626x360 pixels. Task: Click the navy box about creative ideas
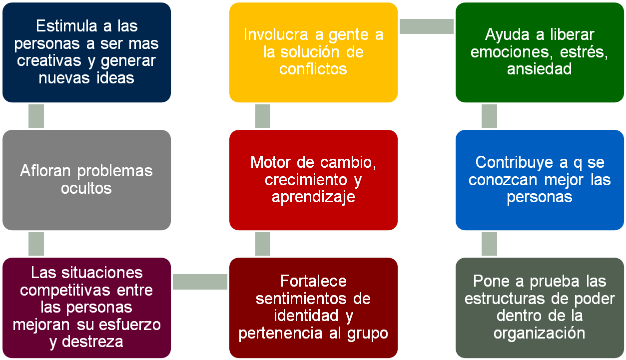pyautogui.click(x=86, y=52)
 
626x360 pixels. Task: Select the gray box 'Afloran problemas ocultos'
pyautogui.click(x=86, y=180)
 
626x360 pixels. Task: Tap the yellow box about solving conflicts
pyautogui.click(x=313, y=52)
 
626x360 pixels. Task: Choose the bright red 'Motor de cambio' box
pyautogui.click(x=313, y=180)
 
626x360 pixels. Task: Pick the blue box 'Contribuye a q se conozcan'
pyautogui.click(x=540, y=180)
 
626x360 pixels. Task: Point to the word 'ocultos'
pyautogui.click(x=86, y=188)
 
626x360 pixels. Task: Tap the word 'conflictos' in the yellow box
pyautogui.click(x=313, y=69)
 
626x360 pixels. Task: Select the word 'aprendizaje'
pyautogui.click(x=313, y=197)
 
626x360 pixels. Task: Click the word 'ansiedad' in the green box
pyautogui.click(x=540, y=69)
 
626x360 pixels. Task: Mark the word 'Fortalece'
pyautogui.click(x=313, y=281)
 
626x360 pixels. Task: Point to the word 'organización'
pyautogui.click(x=540, y=333)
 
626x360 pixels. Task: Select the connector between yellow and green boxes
pyautogui.click(x=426, y=26)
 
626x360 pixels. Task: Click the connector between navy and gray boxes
pyautogui.click(x=36, y=116)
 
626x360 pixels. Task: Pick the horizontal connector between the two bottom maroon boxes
pyautogui.click(x=200, y=281)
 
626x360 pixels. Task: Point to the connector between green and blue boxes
pyautogui.click(x=489, y=116)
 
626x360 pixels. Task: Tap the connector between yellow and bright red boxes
pyautogui.click(x=263, y=116)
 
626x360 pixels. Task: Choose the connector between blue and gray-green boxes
pyautogui.click(x=489, y=244)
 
